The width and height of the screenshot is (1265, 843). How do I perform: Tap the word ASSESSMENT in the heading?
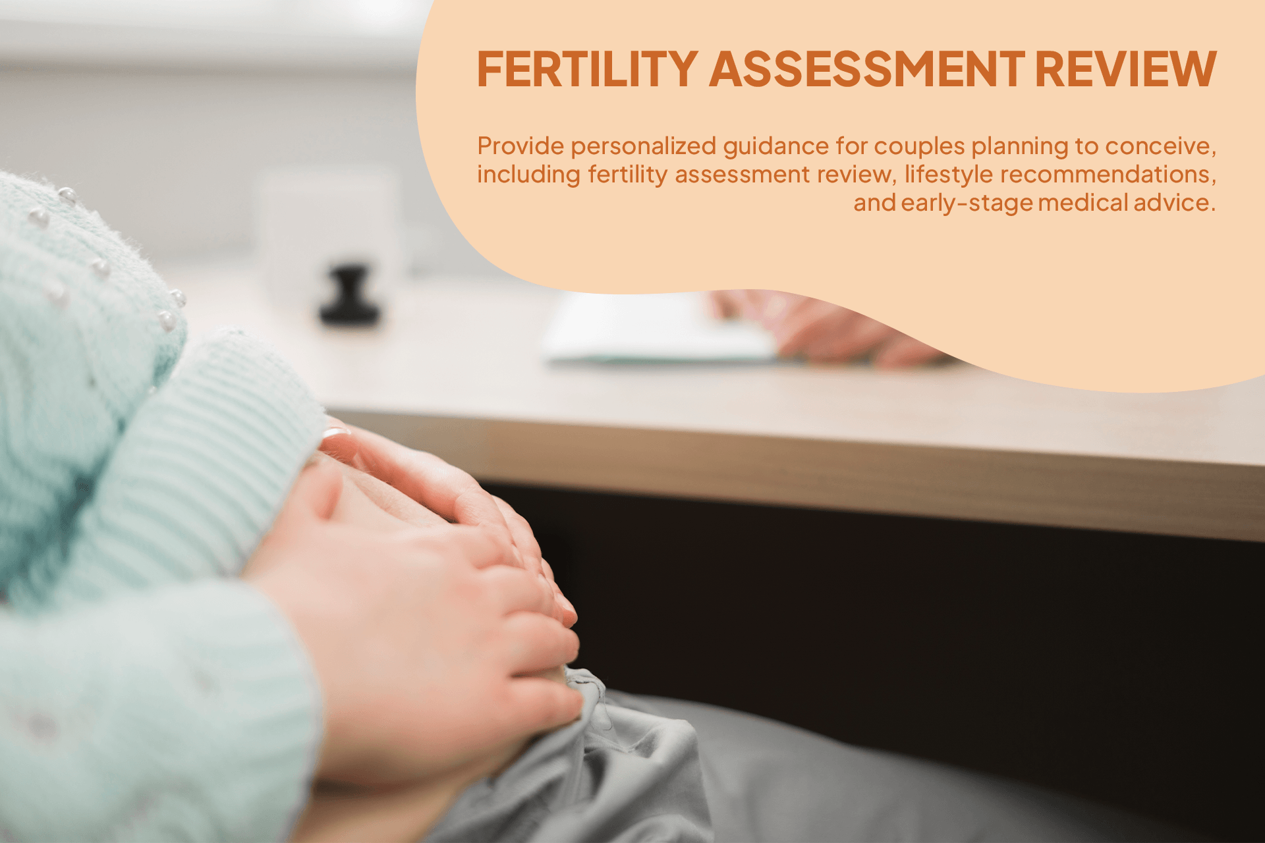tap(866, 69)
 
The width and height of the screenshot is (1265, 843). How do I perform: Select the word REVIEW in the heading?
tap(1125, 69)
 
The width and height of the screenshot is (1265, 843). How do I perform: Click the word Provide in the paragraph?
tap(520, 146)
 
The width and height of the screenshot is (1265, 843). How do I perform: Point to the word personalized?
tap(643, 146)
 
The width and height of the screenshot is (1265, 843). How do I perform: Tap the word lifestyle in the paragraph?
tap(948, 175)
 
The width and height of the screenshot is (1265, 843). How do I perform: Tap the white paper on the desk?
tap(652, 329)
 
